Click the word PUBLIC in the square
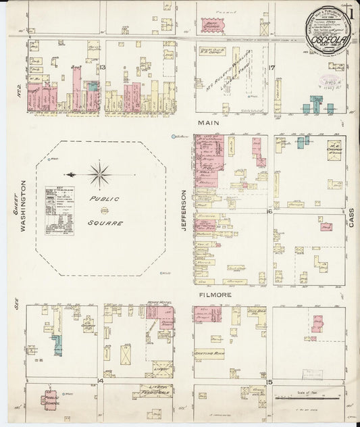pos(103,199)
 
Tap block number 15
pos(269,382)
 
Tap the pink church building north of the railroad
pos(215,25)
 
